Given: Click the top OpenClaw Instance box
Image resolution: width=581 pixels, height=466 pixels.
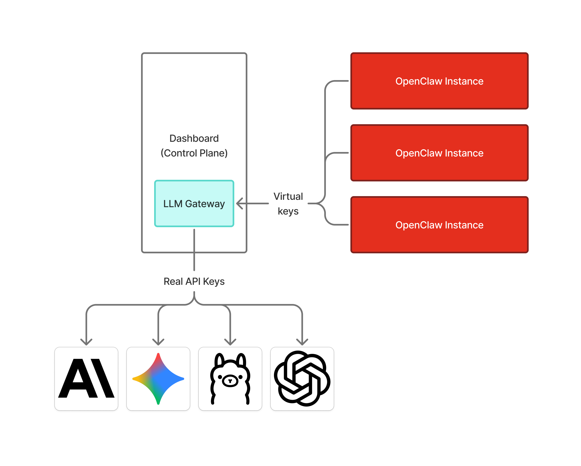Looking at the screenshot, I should (x=439, y=81).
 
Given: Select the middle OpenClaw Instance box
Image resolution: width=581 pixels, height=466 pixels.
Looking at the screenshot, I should (x=439, y=153).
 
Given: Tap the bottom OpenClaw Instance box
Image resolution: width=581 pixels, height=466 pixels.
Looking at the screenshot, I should (x=439, y=225).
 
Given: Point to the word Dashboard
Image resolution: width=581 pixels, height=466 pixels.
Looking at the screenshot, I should (x=194, y=139).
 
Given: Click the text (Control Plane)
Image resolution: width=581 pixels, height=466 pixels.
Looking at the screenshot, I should (x=194, y=153).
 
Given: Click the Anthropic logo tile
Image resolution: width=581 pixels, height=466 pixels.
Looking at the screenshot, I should (x=86, y=378).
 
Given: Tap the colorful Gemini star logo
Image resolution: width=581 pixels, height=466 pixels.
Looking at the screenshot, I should (x=158, y=378).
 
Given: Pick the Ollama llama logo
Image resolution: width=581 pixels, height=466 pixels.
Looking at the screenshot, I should (x=230, y=378).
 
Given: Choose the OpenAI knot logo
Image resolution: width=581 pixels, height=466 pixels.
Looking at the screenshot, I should (x=302, y=378).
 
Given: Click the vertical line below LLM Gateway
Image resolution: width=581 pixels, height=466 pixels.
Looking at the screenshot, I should (x=194, y=250).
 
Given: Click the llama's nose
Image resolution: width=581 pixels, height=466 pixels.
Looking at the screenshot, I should (x=230, y=381).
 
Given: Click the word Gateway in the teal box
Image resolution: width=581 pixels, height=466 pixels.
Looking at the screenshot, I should (x=205, y=204).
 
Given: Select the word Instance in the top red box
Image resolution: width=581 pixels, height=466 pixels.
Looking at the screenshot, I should (x=464, y=81).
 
